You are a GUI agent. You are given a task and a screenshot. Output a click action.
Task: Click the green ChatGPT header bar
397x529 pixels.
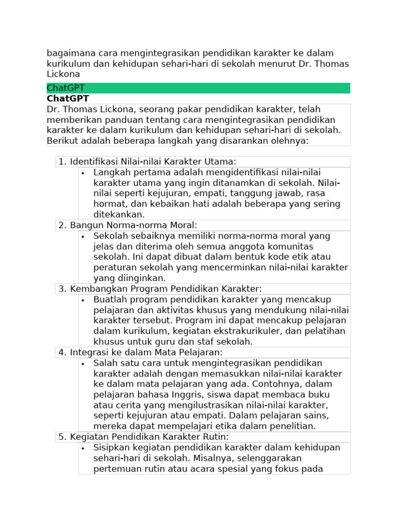198,88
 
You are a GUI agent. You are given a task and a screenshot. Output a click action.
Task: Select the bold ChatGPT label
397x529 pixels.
68,98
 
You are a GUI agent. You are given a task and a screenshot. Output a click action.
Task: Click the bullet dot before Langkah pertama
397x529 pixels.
83,173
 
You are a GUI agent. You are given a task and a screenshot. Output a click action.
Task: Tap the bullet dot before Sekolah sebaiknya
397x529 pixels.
83,236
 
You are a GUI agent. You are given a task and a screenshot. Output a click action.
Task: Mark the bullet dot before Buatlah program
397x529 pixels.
83,300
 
